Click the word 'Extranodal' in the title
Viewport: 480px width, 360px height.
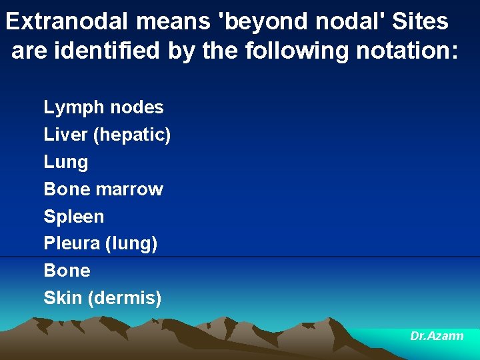69,22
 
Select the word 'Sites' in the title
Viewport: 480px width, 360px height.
420,22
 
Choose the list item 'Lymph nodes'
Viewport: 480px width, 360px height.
103,107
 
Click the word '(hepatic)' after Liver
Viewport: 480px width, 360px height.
132,135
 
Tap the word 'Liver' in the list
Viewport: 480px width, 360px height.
65,135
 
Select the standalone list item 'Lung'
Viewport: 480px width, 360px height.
65,162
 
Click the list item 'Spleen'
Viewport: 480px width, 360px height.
74,217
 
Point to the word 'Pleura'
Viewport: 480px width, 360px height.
72,244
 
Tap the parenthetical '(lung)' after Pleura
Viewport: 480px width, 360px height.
131,244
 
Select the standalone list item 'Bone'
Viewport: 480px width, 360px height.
67,271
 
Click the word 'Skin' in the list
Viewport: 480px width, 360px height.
63,298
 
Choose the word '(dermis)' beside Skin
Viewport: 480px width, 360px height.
125,298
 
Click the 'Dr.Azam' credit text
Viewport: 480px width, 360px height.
437,337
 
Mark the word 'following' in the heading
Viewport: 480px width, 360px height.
297,51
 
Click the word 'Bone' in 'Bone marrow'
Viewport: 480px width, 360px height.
67,189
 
